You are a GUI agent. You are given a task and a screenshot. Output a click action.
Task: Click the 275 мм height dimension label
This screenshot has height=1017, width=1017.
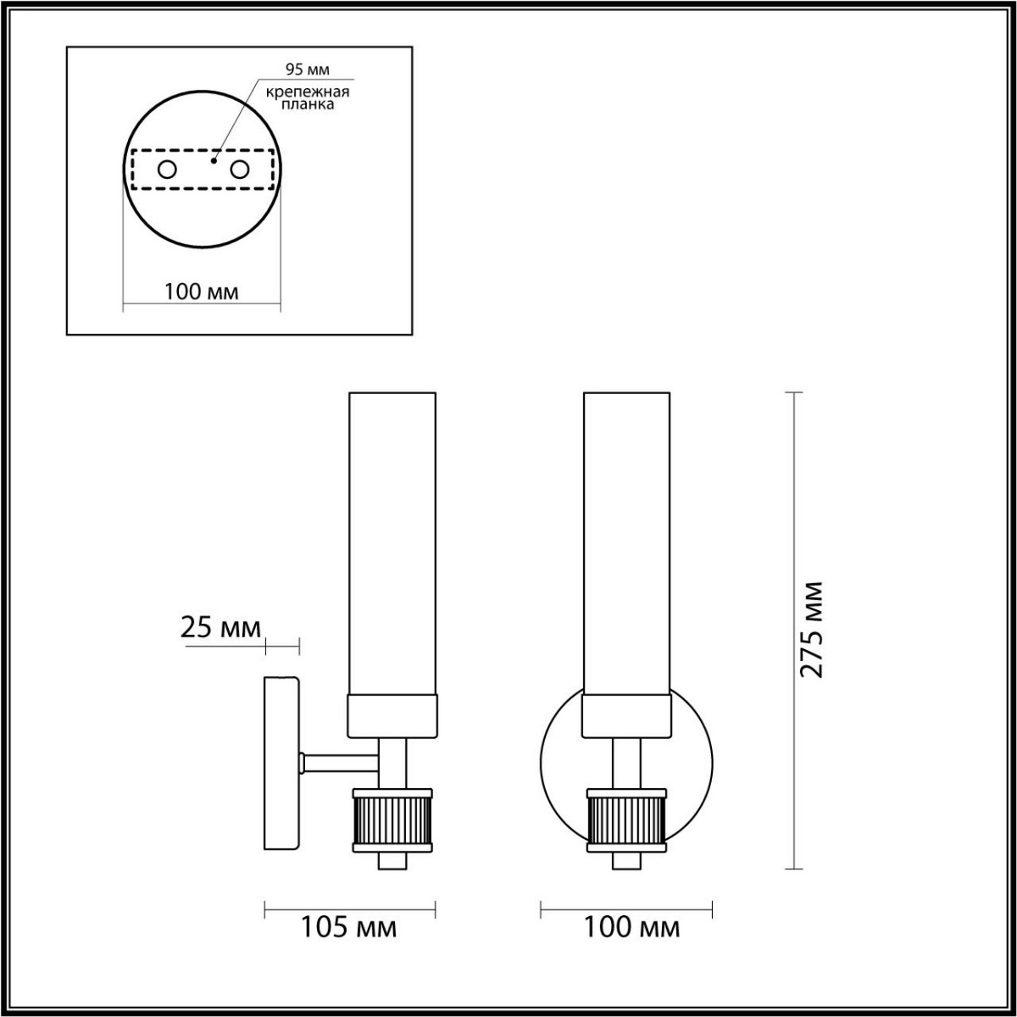pyautogui.click(x=812, y=629)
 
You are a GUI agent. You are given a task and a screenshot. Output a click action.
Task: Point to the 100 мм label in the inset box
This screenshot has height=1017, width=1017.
pyautogui.click(x=201, y=292)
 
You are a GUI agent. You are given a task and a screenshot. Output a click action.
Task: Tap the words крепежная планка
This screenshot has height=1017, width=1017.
pyautogui.click(x=302, y=97)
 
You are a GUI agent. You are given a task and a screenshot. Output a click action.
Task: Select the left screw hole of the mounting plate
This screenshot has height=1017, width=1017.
pyautogui.click(x=167, y=169)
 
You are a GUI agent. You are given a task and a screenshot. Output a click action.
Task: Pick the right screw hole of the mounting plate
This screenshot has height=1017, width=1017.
pyautogui.click(x=240, y=169)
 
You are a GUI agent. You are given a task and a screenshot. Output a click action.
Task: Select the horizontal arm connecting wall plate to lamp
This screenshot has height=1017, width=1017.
pyautogui.click(x=339, y=764)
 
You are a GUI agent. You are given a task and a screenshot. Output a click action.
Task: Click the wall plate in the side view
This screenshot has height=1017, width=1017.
pyautogui.click(x=281, y=763)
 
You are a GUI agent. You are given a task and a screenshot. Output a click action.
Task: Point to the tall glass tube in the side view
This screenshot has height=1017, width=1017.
pyautogui.click(x=392, y=542)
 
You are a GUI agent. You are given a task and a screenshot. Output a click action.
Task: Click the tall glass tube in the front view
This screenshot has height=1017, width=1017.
pyautogui.click(x=627, y=542)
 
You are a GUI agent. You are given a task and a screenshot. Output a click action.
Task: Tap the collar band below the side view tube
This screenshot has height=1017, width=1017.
pyautogui.click(x=392, y=716)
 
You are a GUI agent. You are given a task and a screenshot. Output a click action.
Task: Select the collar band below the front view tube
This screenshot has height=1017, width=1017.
pyautogui.click(x=627, y=716)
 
